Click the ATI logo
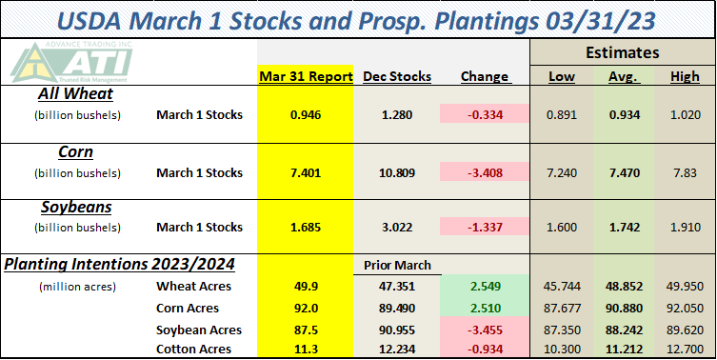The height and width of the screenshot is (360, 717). pyautogui.click(x=71, y=63)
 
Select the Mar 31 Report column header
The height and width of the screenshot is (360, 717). pyautogui.click(x=306, y=76)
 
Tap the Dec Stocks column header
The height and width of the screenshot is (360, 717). pyautogui.click(x=397, y=76)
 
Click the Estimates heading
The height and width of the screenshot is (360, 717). pyautogui.click(x=623, y=52)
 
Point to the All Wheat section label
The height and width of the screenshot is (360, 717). pyautogui.click(x=75, y=93)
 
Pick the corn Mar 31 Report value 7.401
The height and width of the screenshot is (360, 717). pyautogui.click(x=306, y=173)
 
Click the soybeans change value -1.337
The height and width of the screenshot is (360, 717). pyautogui.click(x=485, y=228)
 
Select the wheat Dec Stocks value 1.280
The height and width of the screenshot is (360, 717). pyautogui.click(x=397, y=114)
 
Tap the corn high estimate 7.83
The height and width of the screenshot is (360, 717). pyautogui.click(x=685, y=173)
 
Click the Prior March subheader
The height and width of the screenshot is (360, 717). pyautogui.click(x=397, y=266)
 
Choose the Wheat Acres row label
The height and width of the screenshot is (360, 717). pyautogui.click(x=193, y=287)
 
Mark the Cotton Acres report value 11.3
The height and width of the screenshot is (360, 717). pyautogui.click(x=306, y=350)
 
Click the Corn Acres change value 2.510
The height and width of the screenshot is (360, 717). pyautogui.click(x=485, y=309)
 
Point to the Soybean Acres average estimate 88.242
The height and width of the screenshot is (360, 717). pyautogui.click(x=625, y=330)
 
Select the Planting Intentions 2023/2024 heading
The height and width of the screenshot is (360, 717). pyautogui.click(x=119, y=264)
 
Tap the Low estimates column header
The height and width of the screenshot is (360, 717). pyautogui.click(x=562, y=76)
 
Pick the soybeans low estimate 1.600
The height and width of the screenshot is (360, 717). pyautogui.click(x=562, y=228)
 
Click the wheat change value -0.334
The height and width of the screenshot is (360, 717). pyautogui.click(x=485, y=114)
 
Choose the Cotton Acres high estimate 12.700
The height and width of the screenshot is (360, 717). pyautogui.click(x=685, y=350)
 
